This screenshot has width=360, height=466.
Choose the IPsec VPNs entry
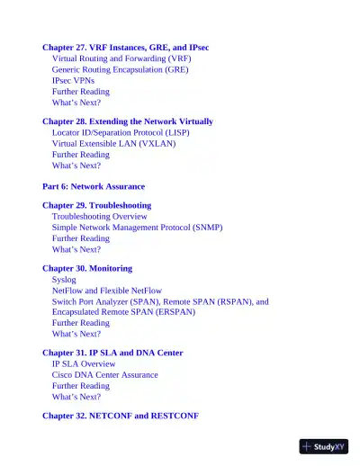click(73, 80)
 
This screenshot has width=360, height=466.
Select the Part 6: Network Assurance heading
click(94, 186)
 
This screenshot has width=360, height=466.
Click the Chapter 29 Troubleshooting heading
click(96, 206)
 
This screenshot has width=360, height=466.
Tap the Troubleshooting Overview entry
click(99, 217)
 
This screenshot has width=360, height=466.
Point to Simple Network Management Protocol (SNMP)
click(137, 228)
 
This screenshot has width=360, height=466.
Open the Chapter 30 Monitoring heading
click(86, 269)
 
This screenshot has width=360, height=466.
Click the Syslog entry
click(64, 280)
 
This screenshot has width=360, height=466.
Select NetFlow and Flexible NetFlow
click(107, 291)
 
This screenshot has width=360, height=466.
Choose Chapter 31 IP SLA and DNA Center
click(112, 354)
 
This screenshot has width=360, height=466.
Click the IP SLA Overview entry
click(84, 364)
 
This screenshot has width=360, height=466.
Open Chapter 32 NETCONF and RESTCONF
click(120, 417)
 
